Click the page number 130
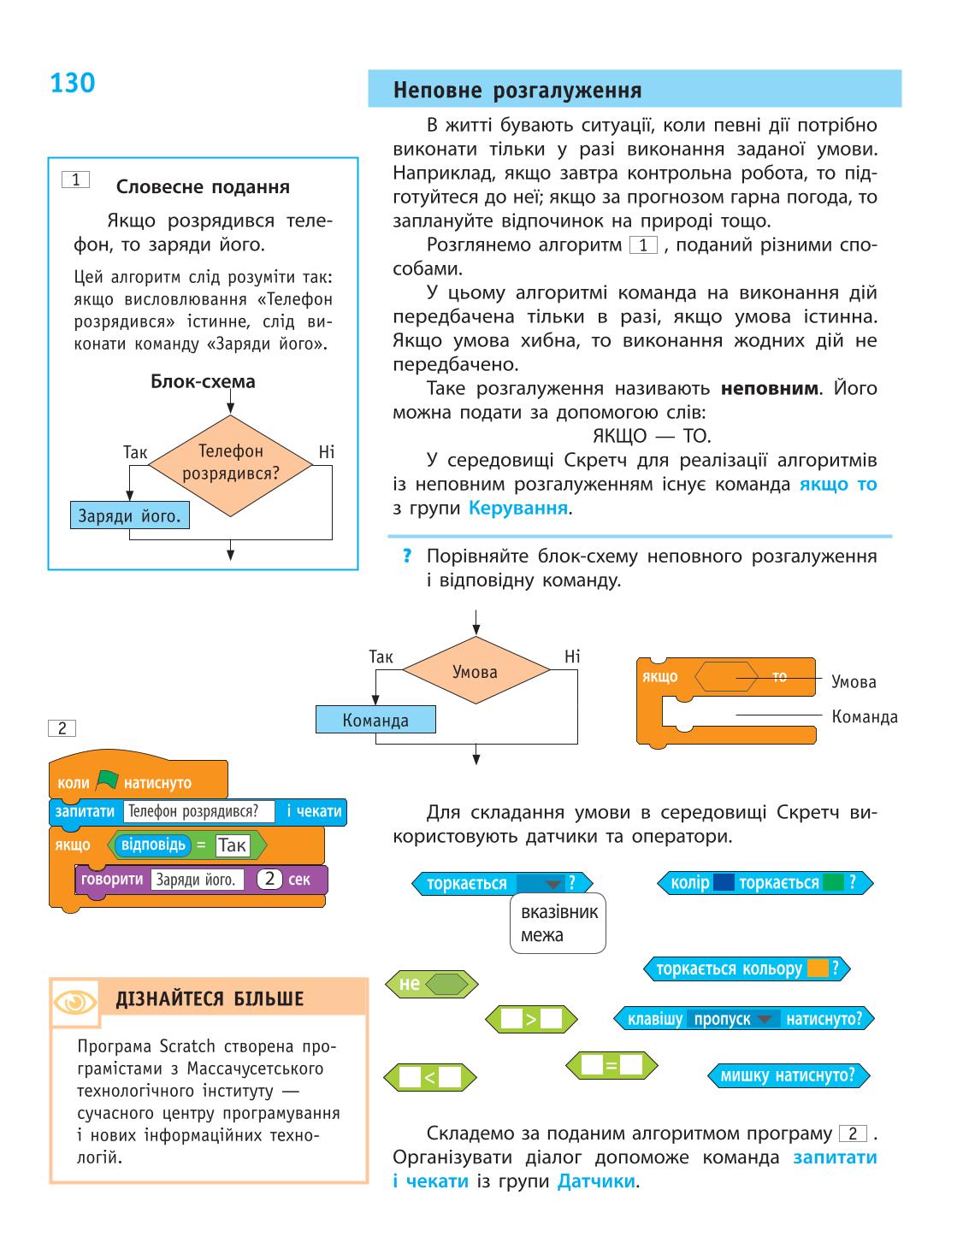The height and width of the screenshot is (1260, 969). point(73,83)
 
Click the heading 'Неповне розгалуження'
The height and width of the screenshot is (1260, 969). point(517,91)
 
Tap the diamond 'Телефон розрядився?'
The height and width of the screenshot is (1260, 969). point(230,465)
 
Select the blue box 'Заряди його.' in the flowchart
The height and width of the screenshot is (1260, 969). point(130,515)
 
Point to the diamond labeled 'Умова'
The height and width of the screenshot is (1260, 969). point(476,670)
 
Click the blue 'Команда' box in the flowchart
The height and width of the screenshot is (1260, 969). point(375,720)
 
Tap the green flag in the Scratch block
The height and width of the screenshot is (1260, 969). point(107,780)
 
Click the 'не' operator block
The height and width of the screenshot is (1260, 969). point(431,984)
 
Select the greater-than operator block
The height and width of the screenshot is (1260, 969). point(530,1019)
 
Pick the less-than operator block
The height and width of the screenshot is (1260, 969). point(429,1077)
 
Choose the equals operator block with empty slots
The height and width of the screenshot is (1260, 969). point(612,1065)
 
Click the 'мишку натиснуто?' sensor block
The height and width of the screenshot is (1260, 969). point(789,1075)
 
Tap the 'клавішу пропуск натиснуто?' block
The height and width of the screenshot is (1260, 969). point(744,1019)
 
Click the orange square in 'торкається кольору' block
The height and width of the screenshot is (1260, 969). point(818,969)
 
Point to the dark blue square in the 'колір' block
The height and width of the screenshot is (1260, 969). point(724,882)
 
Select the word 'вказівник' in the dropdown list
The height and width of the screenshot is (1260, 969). point(559,912)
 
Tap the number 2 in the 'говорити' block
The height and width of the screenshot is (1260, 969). point(269,879)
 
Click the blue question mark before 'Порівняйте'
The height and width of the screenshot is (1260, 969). point(407,556)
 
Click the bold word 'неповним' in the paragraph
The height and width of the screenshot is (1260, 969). point(770,388)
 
